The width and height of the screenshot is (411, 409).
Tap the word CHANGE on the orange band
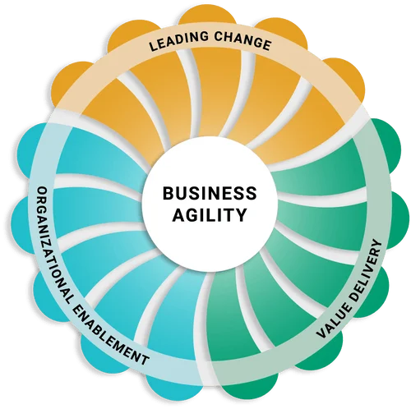tap(242, 41)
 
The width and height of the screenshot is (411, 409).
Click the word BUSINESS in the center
tap(210, 193)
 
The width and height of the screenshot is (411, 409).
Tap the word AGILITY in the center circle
tap(210, 215)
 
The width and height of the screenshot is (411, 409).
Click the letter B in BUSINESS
tap(168, 193)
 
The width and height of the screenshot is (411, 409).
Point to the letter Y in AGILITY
tap(241, 215)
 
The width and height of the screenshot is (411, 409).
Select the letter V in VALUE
tap(322, 333)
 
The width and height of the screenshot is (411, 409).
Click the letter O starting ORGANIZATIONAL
tap(42, 191)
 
